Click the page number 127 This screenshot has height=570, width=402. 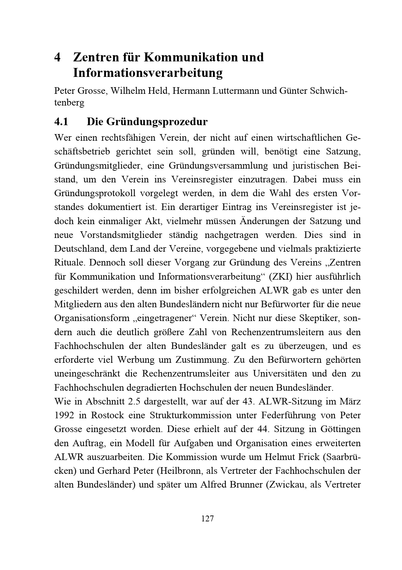207,518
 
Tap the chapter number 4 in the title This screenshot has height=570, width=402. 58,57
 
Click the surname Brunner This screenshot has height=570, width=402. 245,484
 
